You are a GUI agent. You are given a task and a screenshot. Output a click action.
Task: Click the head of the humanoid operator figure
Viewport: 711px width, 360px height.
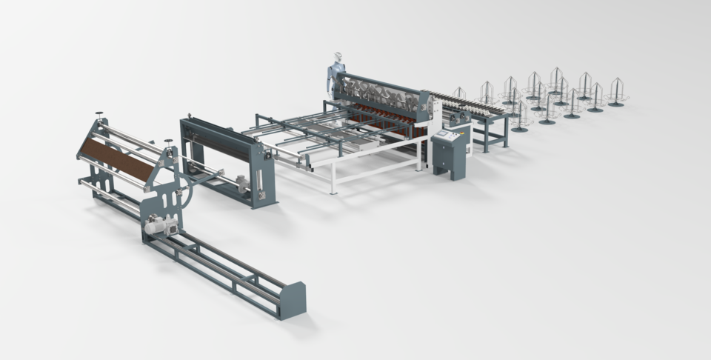338,58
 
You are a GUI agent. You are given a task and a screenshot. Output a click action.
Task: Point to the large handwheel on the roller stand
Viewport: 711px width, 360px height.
178,190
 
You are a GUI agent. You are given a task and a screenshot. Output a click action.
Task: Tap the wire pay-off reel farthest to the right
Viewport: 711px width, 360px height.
616,93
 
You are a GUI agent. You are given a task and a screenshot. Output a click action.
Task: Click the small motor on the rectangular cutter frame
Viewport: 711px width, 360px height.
241,183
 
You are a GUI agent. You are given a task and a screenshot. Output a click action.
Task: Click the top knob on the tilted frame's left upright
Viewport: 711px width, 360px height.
99,116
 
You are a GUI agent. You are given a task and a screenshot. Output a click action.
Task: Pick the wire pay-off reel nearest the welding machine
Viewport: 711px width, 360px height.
459,95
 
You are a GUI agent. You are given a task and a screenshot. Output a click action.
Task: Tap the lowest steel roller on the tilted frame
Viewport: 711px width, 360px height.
111,196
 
